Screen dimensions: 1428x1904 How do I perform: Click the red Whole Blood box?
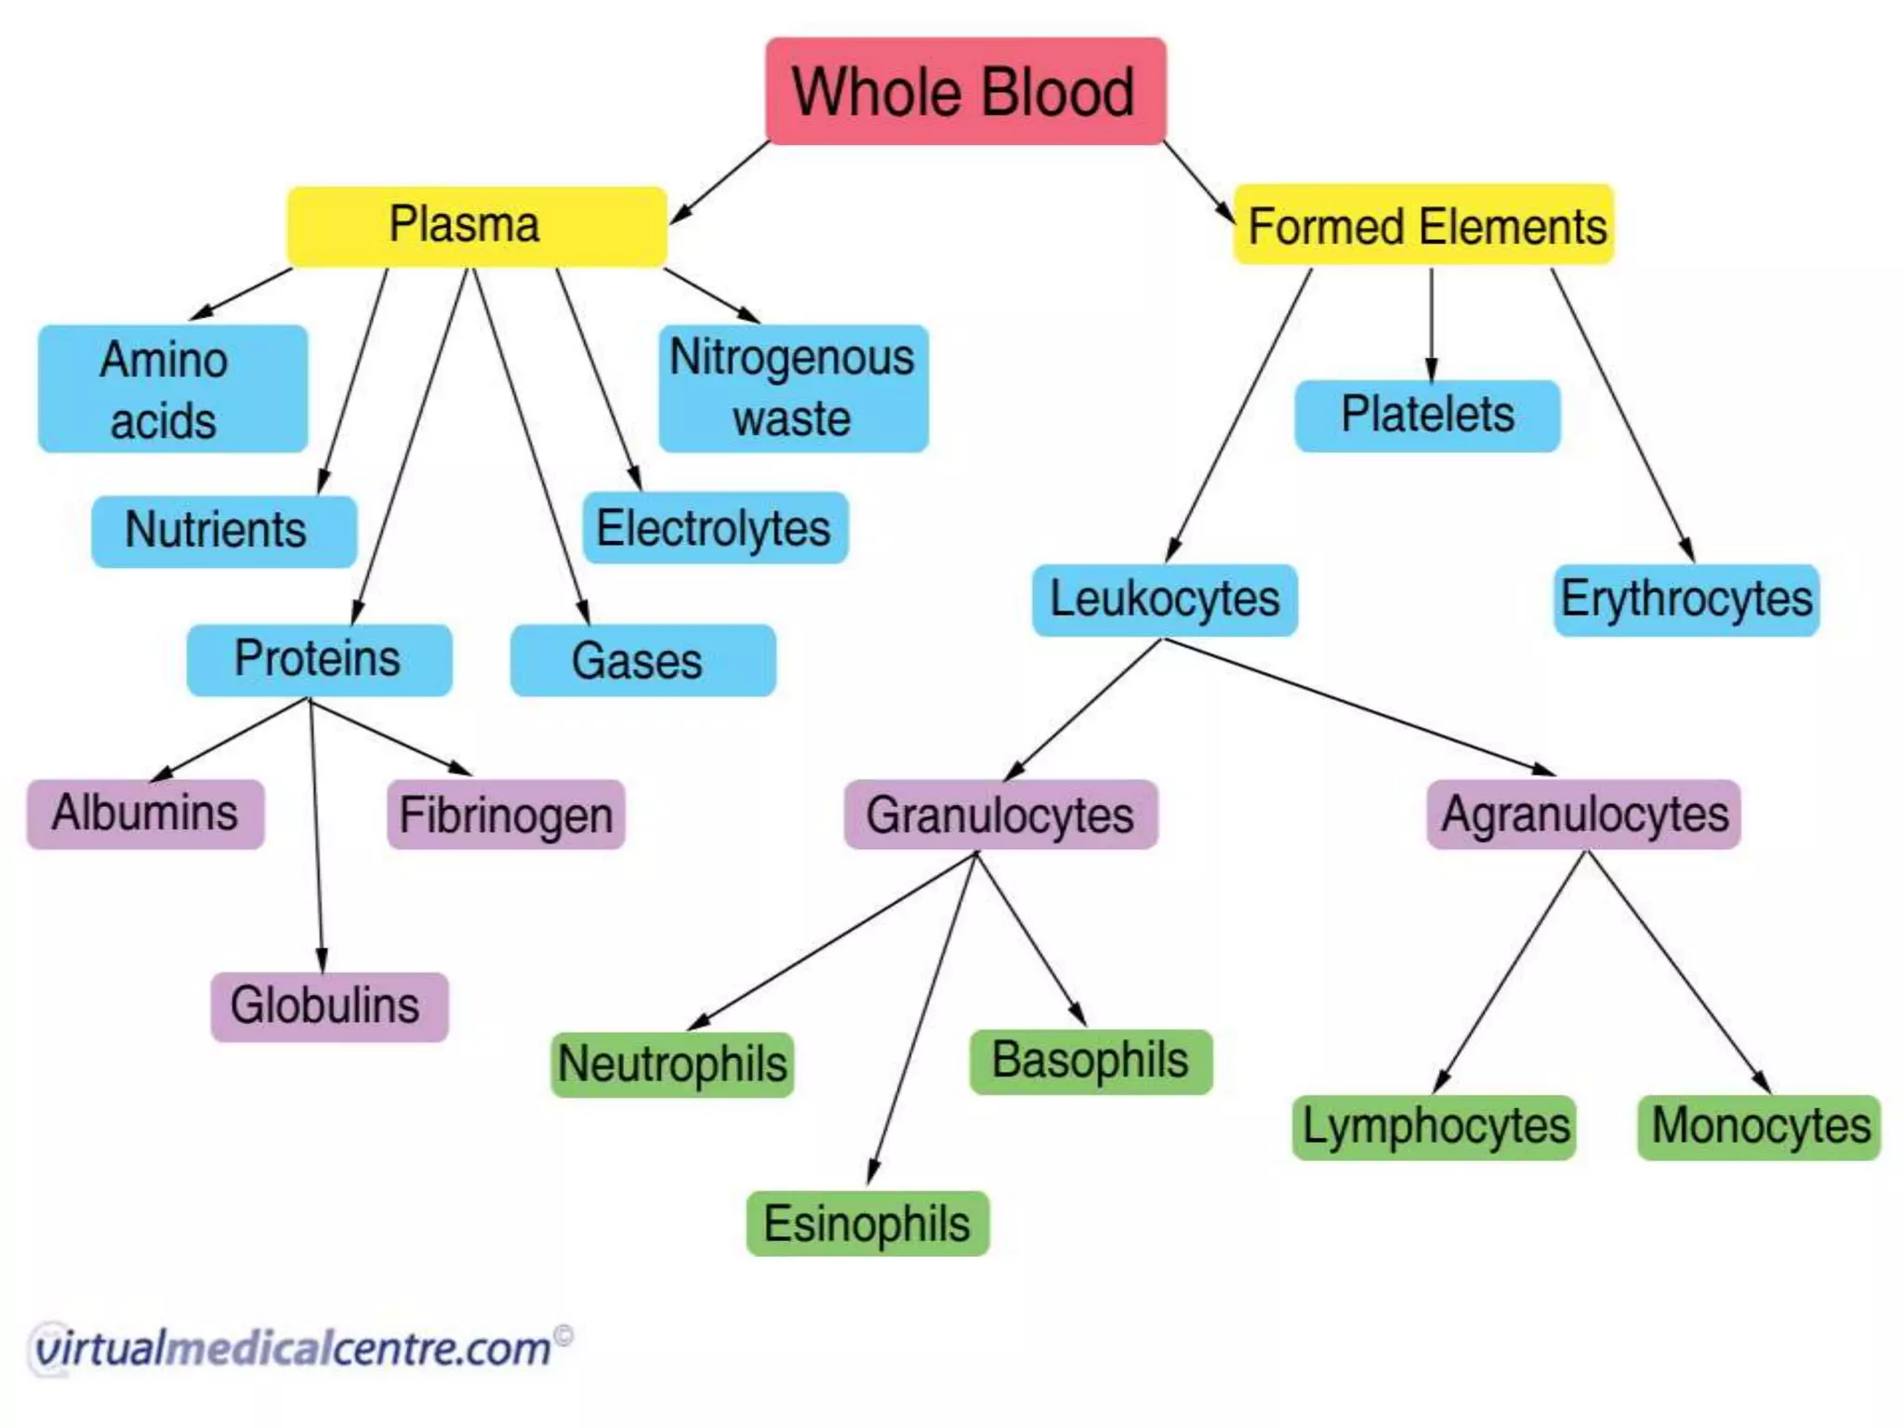tap(965, 91)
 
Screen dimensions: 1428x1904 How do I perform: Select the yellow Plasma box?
tap(476, 226)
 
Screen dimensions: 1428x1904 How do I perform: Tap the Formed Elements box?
tap(1423, 225)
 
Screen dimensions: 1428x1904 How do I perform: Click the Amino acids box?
tap(173, 389)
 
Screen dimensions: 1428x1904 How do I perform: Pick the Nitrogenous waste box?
tap(793, 388)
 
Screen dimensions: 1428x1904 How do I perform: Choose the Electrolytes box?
tap(714, 527)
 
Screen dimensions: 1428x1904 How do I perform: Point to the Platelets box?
tap(1426, 415)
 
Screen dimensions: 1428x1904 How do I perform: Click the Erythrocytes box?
tap(1686, 599)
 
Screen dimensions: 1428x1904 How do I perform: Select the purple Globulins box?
tap(329, 1006)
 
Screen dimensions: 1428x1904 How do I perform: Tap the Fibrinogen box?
tap(505, 814)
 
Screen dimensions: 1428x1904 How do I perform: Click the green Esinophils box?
tap(866, 1223)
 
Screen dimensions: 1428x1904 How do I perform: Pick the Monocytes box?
tap(1758, 1126)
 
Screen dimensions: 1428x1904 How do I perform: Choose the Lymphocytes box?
tap(1434, 1126)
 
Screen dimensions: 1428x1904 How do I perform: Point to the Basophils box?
tap(1090, 1061)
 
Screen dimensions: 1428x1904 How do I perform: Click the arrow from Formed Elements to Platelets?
tap(1431, 325)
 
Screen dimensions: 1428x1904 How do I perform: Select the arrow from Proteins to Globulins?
tap(316, 837)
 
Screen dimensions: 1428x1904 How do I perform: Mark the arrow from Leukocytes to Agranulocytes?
tap(1357, 707)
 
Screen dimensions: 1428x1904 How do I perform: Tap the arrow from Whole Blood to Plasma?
tap(718, 182)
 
